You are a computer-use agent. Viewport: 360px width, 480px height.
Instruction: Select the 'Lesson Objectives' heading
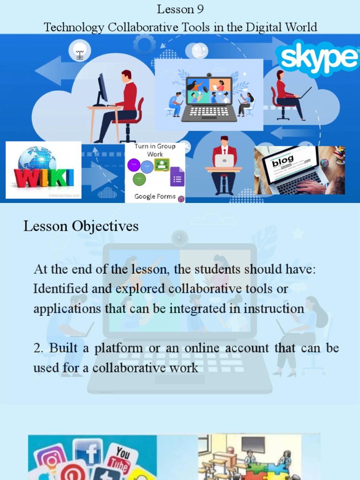81,226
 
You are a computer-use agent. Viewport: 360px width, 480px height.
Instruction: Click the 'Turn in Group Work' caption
155,150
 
